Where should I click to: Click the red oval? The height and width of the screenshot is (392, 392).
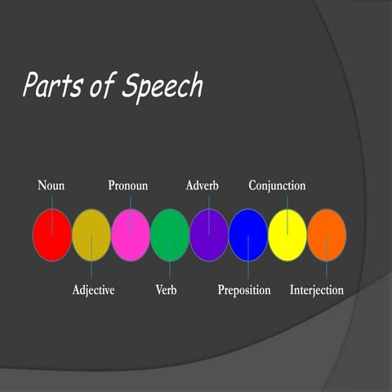point(51,235)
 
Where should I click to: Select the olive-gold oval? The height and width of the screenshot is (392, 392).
point(91,235)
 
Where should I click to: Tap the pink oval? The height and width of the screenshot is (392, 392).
point(130,235)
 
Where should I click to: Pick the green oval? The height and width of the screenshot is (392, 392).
point(169,235)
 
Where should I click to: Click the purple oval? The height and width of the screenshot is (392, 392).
point(208,235)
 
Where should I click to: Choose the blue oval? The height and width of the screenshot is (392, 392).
point(247,235)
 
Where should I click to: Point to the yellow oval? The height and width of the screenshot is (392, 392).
point(287,235)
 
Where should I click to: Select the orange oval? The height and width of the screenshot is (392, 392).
point(326,235)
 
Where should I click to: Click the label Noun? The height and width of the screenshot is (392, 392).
point(51,185)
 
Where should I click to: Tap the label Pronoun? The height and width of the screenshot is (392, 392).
point(128,185)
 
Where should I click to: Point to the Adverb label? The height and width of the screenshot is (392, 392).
point(202,185)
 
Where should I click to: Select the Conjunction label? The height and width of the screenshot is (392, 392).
point(277,185)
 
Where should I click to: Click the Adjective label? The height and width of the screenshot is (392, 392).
point(93,290)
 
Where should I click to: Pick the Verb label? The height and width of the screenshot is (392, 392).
point(166,290)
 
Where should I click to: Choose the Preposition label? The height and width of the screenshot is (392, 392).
point(244,290)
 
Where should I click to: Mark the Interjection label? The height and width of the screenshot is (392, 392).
point(317,290)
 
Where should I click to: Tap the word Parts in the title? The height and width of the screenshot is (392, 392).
point(52,85)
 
